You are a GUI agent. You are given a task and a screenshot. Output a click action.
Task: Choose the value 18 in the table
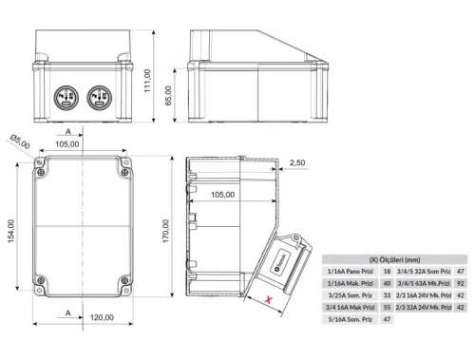click(387, 271)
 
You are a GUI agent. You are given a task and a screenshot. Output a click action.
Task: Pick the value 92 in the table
click(461, 282)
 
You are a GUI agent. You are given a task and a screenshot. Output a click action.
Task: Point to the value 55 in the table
click(387, 306)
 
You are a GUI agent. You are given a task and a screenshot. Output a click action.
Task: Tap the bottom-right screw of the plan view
click(123, 282)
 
